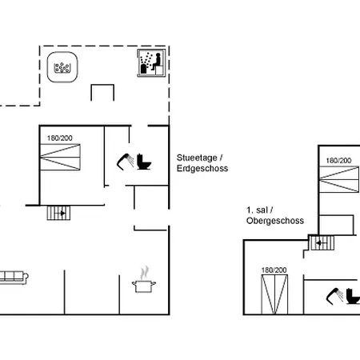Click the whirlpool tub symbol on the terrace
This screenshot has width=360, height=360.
[x=62, y=66]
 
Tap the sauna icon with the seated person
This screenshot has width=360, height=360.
[x=151, y=63]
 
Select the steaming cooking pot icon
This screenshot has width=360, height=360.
[x=144, y=279]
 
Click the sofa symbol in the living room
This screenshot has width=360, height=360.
[x=14, y=278]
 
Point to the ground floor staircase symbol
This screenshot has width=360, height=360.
[x=58, y=213]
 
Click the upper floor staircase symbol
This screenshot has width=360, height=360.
[x=322, y=243]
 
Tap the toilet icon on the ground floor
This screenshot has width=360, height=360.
[x=144, y=162]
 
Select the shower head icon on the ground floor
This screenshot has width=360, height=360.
[x=126, y=162]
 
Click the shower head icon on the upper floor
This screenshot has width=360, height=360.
[x=335, y=296]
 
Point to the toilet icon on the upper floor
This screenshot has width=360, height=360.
[x=353, y=296]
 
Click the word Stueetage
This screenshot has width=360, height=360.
[x=197, y=158]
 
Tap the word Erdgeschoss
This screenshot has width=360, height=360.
[x=202, y=169]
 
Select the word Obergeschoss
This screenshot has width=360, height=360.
[x=275, y=221]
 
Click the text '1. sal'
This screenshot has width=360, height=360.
[x=257, y=210]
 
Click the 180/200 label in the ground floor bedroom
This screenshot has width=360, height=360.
[x=60, y=138]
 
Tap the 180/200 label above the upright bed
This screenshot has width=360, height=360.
[x=274, y=270]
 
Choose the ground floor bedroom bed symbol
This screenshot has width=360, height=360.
[x=60, y=157]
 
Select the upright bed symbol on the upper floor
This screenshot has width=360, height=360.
[x=274, y=294]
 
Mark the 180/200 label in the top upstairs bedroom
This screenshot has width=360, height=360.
[x=338, y=161]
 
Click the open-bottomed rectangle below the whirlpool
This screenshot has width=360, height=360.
[x=102, y=86]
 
